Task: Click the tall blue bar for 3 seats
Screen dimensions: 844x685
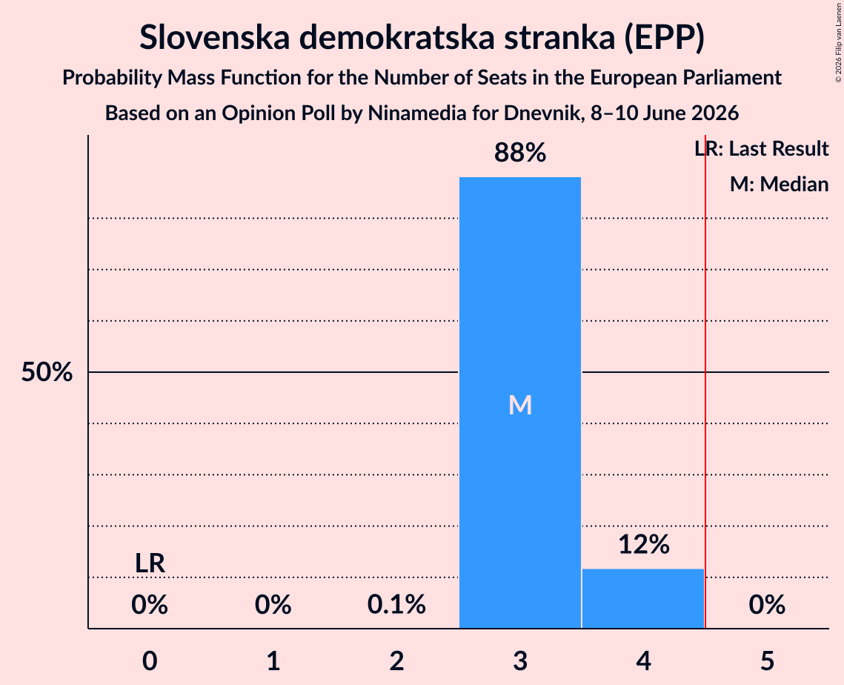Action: [520, 403]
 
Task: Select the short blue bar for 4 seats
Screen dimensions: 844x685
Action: [643, 598]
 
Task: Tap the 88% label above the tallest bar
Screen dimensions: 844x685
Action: [520, 153]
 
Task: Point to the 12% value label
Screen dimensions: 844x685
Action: [644, 544]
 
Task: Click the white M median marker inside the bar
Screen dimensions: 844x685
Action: [520, 405]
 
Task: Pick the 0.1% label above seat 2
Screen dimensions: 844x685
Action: [396, 605]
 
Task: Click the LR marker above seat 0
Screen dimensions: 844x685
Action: [150, 563]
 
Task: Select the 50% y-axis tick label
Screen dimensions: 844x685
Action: [47, 372]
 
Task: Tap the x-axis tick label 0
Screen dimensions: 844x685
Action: [150, 661]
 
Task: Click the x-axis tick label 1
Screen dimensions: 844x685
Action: [273, 661]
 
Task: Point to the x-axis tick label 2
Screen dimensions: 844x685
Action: [396, 661]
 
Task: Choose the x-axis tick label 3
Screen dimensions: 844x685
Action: [520, 661]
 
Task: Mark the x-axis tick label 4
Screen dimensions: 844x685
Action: [644, 661]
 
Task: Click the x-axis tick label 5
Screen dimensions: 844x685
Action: [767, 661]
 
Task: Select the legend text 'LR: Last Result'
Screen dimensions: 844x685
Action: [762, 148]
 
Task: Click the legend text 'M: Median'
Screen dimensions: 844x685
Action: [780, 185]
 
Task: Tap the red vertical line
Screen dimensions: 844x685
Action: [705, 381]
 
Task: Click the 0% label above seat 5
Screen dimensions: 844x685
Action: [767, 605]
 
